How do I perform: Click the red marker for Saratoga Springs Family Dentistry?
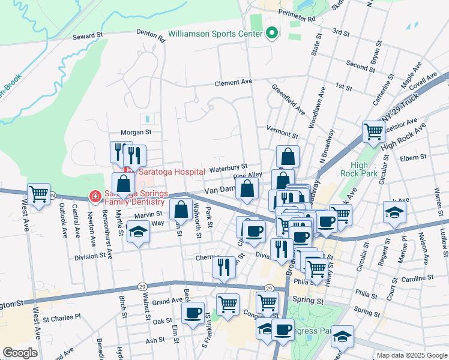(94, 196)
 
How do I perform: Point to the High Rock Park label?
(359, 170)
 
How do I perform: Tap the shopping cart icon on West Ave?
(38, 194)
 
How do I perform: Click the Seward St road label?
(88, 37)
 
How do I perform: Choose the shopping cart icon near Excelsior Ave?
(373, 130)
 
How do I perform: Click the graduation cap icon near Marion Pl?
(394, 212)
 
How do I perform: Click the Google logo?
(20, 353)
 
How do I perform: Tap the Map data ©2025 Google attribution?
(412, 355)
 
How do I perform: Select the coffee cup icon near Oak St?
(193, 313)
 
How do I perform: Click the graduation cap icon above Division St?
(138, 232)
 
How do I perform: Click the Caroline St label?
(417, 279)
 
